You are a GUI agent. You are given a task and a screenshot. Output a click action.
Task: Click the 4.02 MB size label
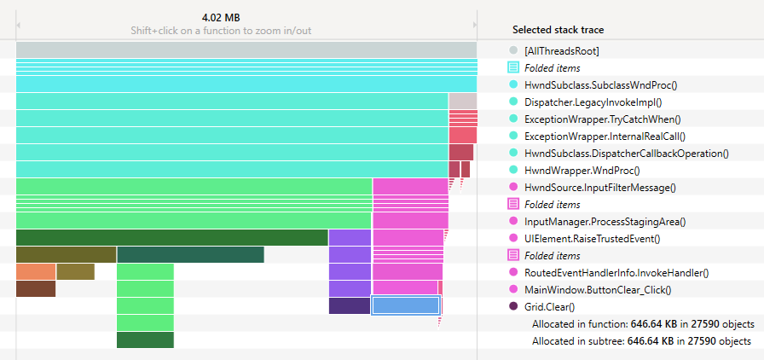(x=220, y=17)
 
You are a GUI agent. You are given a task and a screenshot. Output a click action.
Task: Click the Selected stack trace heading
(x=558, y=30)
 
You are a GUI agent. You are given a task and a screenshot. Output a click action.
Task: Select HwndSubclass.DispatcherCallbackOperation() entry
(x=626, y=153)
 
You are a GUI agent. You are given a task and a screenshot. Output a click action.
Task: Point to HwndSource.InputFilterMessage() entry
(x=599, y=187)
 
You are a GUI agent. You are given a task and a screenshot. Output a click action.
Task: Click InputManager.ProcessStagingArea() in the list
(x=605, y=221)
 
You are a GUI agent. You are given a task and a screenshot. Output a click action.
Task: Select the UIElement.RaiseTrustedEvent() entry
(x=592, y=238)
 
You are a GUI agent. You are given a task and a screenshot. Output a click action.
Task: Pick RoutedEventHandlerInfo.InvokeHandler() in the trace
(x=616, y=272)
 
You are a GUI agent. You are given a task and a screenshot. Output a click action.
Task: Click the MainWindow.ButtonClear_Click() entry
(x=598, y=289)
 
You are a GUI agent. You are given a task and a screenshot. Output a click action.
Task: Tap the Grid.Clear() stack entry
(x=549, y=306)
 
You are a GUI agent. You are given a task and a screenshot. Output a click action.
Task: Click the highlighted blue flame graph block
(x=405, y=305)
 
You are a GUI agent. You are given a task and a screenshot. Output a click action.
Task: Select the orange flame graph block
(x=36, y=271)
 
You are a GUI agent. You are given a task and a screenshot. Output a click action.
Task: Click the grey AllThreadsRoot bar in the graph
(x=246, y=50)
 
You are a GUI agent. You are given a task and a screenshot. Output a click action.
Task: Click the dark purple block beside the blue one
(x=349, y=305)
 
